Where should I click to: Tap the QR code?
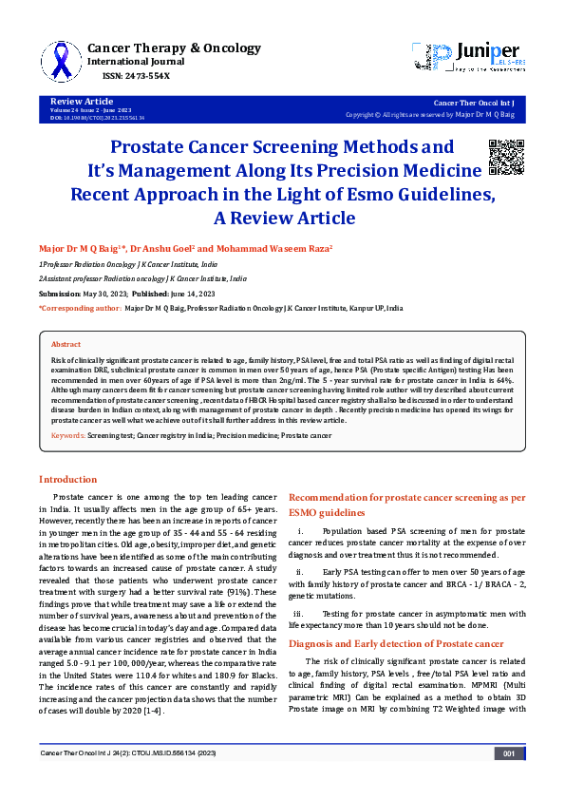pyautogui.click(x=505, y=157)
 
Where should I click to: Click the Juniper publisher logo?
pyautogui.click(x=464, y=58)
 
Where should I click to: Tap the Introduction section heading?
pyautogui.click(x=66, y=479)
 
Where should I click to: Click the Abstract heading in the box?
pyautogui.click(x=66, y=344)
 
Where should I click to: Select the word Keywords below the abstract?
pyautogui.click(x=68, y=434)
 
